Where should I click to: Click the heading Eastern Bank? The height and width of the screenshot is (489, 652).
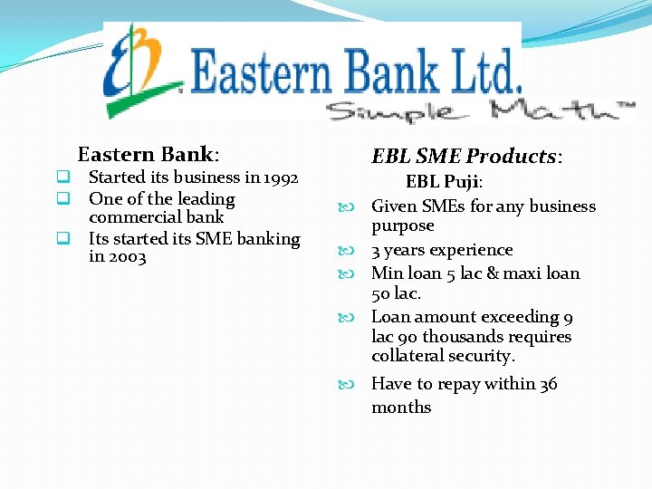tap(149, 154)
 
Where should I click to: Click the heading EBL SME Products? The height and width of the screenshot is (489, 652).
tap(467, 156)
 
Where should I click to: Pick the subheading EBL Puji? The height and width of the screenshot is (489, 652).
tap(444, 181)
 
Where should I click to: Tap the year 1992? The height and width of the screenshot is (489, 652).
tap(279, 177)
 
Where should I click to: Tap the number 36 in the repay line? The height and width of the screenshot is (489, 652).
tap(548, 384)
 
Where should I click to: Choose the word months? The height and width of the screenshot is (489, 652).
tap(401, 407)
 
